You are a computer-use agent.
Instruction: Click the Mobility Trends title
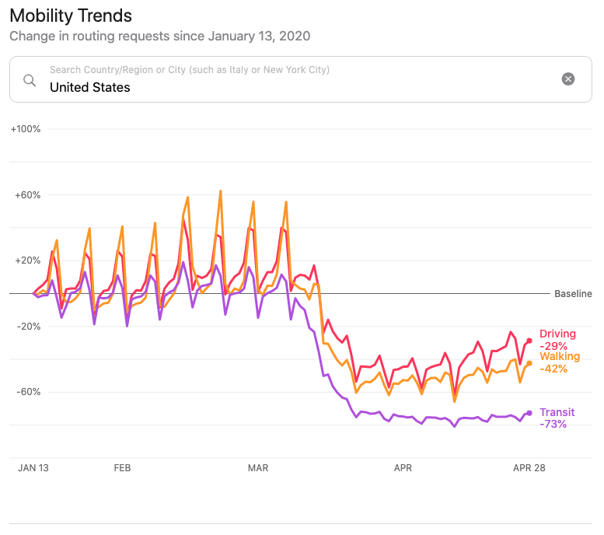[x=71, y=16]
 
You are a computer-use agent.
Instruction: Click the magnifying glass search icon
[x=30, y=79]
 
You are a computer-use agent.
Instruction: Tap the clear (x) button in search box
[x=568, y=79]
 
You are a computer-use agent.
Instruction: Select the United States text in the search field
[x=90, y=87]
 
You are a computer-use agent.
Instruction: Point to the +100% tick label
[x=26, y=128]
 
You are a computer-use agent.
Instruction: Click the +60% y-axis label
[x=28, y=194]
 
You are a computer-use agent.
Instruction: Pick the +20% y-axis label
[x=28, y=261]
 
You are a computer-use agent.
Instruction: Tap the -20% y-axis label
[x=29, y=326]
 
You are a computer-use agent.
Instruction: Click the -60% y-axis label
[x=29, y=391]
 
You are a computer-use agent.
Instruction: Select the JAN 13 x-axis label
[x=33, y=468]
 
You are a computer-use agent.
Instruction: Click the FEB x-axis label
[x=122, y=468]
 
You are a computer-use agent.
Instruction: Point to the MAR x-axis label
[x=257, y=468]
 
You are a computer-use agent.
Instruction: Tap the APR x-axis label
[x=403, y=468]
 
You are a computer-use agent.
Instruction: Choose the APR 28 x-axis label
[x=529, y=468]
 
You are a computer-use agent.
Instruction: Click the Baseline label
[x=573, y=294]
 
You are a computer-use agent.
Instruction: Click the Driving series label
[x=558, y=334]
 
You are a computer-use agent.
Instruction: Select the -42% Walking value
[x=553, y=369]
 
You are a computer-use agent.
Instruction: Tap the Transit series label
[x=557, y=412]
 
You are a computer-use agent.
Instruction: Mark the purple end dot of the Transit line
[x=529, y=413]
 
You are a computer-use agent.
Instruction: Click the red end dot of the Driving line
[x=529, y=341]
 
